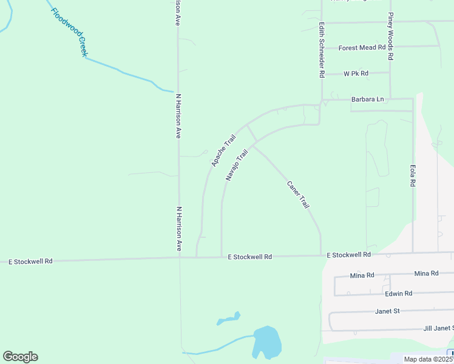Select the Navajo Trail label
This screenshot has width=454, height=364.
pyautogui.click(x=237, y=165)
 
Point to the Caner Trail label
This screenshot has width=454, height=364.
pyautogui.click(x=298, y=194)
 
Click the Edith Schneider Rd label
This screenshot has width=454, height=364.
pyautogui.click(x=322, y=50)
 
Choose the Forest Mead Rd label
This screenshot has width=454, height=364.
pyautogui.click(x=362, y=47)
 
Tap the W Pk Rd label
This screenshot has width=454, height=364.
pyautogui.click(x=356, y=73)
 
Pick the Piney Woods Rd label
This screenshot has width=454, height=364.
pyautogui.click(x=391, y=37)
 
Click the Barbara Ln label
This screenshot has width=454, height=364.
pyautogui.click(x=367, y=99)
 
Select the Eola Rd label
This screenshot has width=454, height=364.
pyautogui.click(x=412, y=174)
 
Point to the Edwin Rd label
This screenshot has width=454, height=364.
pyautogui.click(x=398, y=294)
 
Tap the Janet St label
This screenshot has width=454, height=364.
pyautogui.click(x=387, y=311)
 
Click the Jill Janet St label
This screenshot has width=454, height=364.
pyautogui.click(x=438, y=328)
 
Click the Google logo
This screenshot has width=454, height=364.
pyautogui.click(x=20, y=357)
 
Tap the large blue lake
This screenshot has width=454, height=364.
pyautogui.click(x=266, y=342)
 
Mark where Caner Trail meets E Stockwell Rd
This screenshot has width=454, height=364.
pyautogui.click(x=320, y=256)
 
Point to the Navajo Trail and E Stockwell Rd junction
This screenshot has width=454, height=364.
pyautogui.click(x=222, y=257)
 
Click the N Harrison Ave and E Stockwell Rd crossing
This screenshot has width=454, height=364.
pyautogui.click(x=179, y=258)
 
